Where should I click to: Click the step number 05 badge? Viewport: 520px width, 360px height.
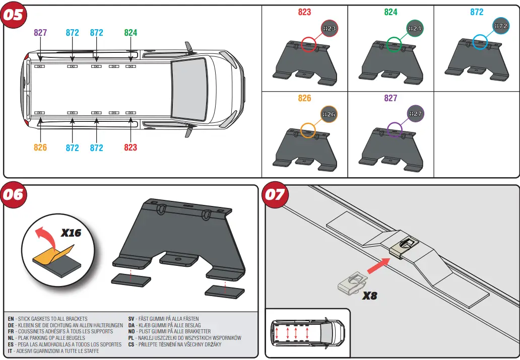14,15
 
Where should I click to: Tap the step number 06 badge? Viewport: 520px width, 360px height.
14,194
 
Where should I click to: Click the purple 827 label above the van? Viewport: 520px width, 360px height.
40,33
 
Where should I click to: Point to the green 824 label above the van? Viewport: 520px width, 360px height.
131,33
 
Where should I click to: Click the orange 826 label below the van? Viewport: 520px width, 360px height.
40,148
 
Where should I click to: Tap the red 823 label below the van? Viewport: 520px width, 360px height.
131,148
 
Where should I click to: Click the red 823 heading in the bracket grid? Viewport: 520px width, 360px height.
304,12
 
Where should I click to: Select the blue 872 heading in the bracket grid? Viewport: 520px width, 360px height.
477,12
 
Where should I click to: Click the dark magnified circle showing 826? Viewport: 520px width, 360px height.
329,114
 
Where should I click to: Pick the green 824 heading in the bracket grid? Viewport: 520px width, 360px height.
391,12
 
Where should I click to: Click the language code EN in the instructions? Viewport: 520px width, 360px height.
11,319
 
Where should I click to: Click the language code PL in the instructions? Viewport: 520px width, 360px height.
131,338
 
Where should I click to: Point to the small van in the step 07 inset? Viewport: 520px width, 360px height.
307,332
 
